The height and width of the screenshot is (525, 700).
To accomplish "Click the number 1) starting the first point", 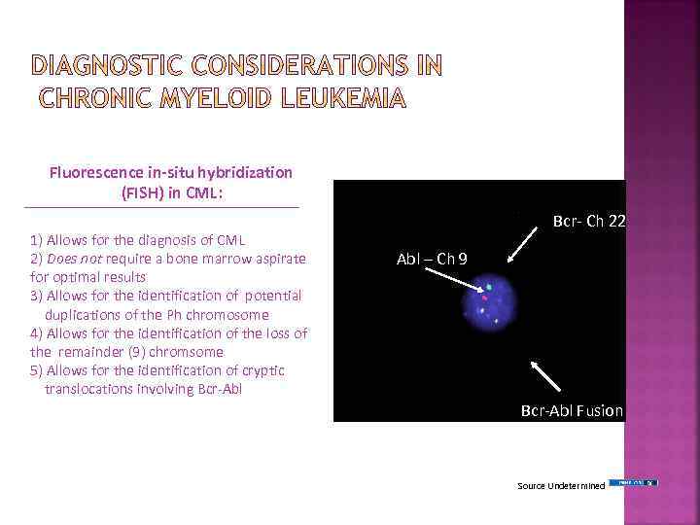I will coord(36,239).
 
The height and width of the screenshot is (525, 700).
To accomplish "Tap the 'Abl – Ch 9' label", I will coord(438,259).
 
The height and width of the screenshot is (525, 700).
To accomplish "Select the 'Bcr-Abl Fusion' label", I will coord(572,410).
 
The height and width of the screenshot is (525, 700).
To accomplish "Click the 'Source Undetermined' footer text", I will coord(561,484).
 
